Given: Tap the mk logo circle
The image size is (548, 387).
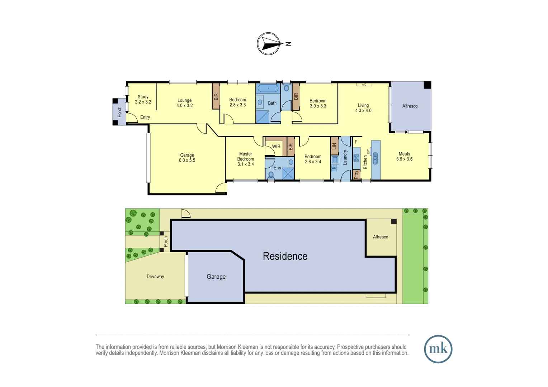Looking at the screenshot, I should (438, 349).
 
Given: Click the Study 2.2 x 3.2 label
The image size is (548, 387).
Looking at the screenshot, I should (143, 99).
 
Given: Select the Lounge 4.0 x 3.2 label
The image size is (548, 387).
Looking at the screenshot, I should (184, 103).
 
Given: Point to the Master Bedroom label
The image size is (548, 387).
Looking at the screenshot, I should (245, 159).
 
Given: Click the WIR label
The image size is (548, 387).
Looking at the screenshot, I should (276, 147).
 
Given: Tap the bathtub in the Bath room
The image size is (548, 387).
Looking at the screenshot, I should (268, 88).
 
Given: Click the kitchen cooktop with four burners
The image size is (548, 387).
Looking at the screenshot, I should (356, 158).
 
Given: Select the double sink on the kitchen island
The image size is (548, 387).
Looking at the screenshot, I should (375, 158).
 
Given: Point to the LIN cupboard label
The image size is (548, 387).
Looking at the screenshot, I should (334, 146).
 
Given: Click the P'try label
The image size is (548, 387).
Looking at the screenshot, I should (356, 175).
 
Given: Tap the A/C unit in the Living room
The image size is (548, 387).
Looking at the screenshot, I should (364, 85).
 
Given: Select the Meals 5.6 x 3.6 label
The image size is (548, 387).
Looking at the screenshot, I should (404, 157).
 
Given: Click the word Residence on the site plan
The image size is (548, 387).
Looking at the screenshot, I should (285, 256).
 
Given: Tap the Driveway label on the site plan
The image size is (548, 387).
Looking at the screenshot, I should (155, 277).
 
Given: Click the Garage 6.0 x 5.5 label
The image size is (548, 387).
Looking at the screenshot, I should (187, 158).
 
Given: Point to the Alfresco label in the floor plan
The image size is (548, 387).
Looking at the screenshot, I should (410, 106).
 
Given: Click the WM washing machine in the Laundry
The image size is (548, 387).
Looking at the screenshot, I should (334, 168).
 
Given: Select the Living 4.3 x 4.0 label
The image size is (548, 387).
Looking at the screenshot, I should (363, 108).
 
